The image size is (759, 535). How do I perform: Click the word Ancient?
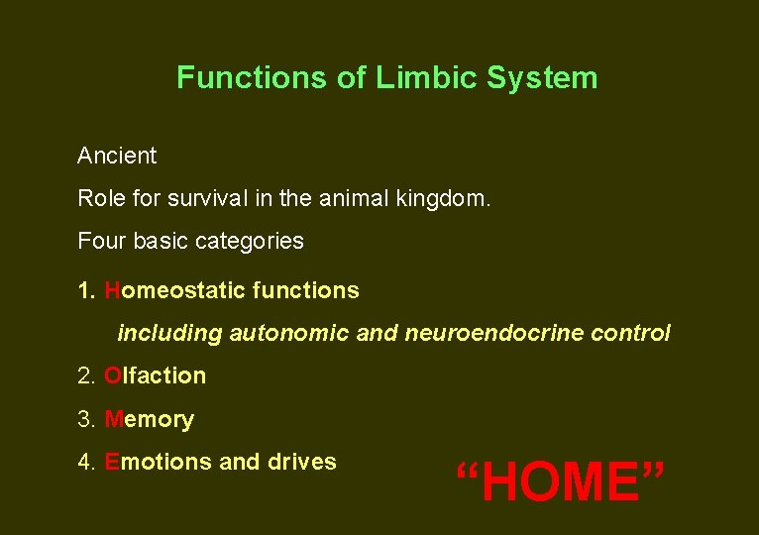[x=117, y=156]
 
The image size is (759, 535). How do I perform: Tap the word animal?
[x=356, y=198]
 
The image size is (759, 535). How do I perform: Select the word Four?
[x=99, y=241]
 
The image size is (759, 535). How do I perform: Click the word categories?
[x=248, y=241]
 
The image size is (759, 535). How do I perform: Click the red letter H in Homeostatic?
[x=112, y=290]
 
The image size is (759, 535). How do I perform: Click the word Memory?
[x=149, y=419]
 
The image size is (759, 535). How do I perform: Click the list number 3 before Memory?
[x=83, y=419]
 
